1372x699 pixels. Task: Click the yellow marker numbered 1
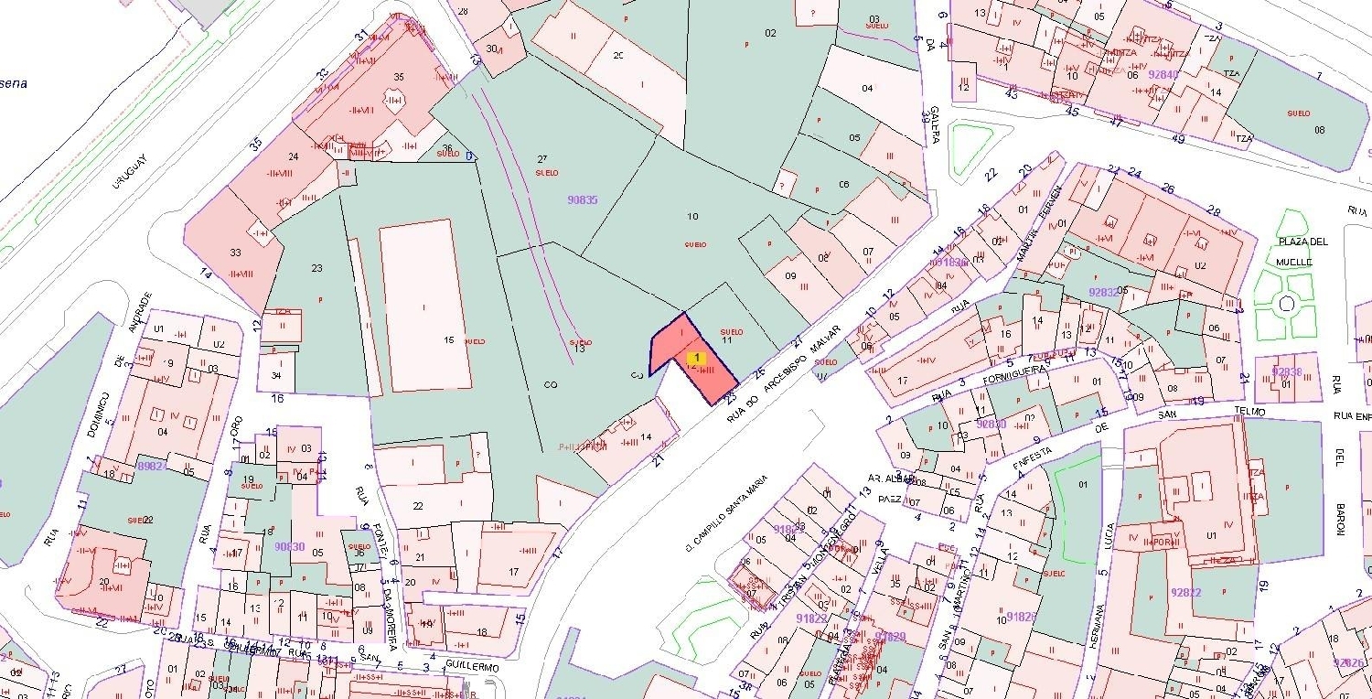click(x=696, y=357)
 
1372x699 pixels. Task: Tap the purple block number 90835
click(x=582, y=199)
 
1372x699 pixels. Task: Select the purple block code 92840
click(x=1163, y=75)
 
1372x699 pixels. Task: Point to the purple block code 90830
click(x=289, y=547)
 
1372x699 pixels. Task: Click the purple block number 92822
click(x=1186, y=592)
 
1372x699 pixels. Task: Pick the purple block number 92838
click(x=1287, y=371)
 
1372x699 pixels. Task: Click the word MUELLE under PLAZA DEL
click(x=1294, y=261)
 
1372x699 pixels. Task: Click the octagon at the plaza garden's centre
click(x=1286, y=304)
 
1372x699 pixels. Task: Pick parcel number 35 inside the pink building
click(x=399, y=77)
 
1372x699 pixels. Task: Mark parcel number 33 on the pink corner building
click(x=236, y=253)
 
